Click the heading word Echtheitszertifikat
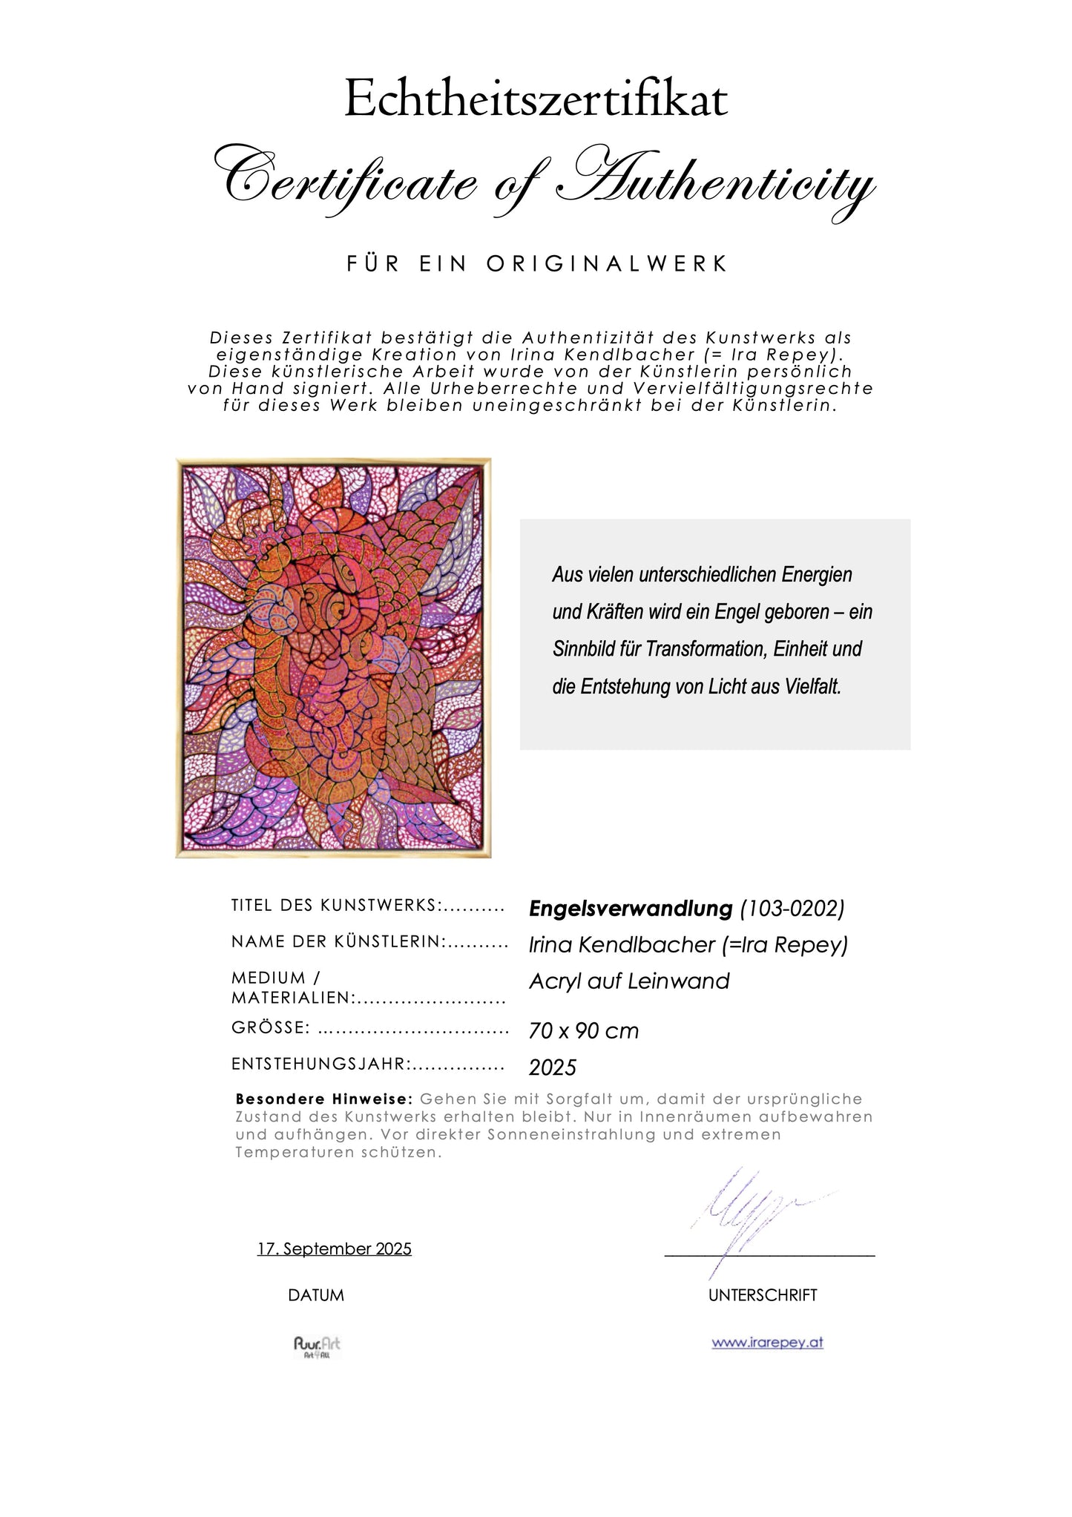click(536, 100)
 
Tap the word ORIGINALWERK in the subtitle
click(608, 264)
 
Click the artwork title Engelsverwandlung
click(631, 908)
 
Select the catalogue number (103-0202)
click(792, 908)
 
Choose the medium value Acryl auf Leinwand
click(629, 981)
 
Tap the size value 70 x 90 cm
click(584, 1031)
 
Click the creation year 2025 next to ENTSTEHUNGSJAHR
click(553, 1067)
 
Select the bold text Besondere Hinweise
click(323, 1099)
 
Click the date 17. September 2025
click(335, 1249)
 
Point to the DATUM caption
click(316, 1295)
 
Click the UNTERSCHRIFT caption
click(763, 1295)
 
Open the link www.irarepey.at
click(767, 1343)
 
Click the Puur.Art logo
click(317, 1347)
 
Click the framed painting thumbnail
click(333, 658)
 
